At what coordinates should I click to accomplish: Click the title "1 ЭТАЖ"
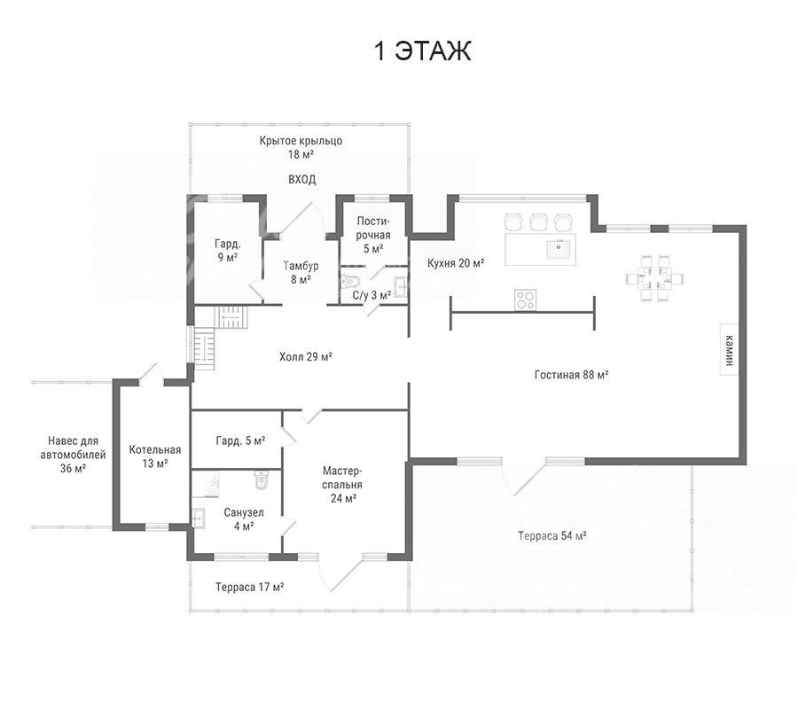pyautogui.click(x=422, y=51)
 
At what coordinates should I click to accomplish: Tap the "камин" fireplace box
pyautogui.click(x=729, y=349)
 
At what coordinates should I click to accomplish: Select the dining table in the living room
pyautogui.click(x=654, y=278)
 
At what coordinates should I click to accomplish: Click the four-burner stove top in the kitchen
pyautogui.click(x=525, y=299)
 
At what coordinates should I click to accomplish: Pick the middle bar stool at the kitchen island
pyautogui.click(x=538, y=222)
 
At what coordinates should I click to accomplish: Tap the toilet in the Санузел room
pyautogui.click(x=261, y=479)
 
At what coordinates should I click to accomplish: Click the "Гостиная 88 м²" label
pyautogui.click(x=572, y=375)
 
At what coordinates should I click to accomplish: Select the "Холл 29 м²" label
pyautogui.click(x=306, y=356)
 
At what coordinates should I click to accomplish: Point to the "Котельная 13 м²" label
pyautogui.click(x=154, y=456)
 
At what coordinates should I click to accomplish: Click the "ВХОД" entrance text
pyautogui.click(x=302, y=180)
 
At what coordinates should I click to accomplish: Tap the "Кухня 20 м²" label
pyautogui.click(x=456, y=263)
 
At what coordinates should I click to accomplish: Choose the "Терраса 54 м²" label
pyautogui.click(x=552, y=535)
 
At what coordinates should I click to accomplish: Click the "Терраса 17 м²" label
pyautogui.click(x=249, y=587)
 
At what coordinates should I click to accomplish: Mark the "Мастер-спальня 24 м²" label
pyautogui.click(x=342, y=484)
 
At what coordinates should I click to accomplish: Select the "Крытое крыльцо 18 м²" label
pyautogui.click(x=301, y=147)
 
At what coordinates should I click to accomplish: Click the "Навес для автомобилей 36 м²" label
pyautogui.click(x=73, y=455)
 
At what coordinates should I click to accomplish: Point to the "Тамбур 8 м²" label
pyautogui.click(x=301, y=272)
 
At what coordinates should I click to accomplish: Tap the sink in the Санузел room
pyautogui.click(x=198, y=518)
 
